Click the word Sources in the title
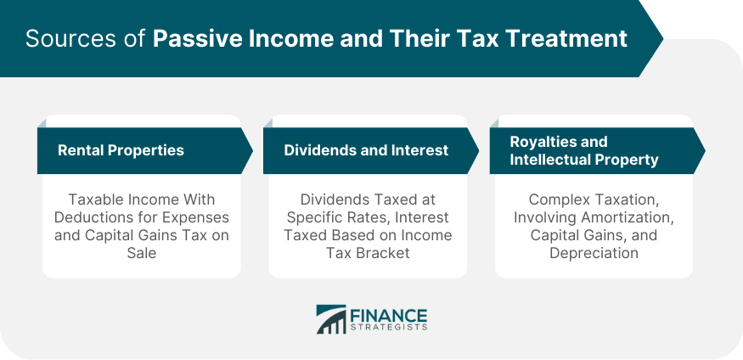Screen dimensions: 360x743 tap(59, 39)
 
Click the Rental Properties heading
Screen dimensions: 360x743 tap(121, 150)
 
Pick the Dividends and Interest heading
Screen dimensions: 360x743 tap(366, 150)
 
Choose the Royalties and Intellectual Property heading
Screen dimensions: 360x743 tap(584, 150)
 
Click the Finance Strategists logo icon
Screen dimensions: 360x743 tap(330, 319)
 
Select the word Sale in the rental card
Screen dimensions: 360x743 tap(142, 253)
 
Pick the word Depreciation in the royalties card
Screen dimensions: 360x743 tap(594, 253)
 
